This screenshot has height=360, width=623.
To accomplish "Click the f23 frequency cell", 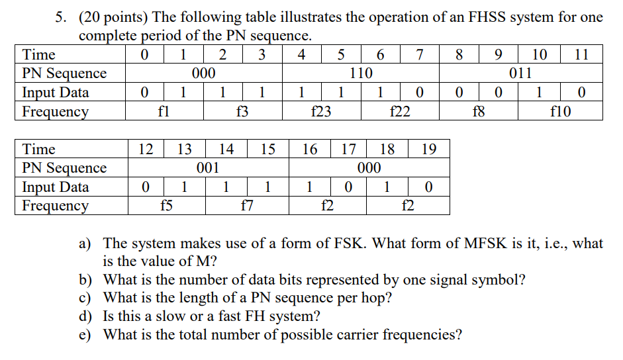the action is coord(321,112).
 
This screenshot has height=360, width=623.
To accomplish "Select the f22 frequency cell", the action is coord(399,112).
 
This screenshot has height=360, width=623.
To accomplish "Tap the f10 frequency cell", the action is coord(560,112).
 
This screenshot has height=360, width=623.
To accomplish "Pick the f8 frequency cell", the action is coord(478,112).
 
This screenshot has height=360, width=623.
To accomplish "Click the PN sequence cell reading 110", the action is coord(361,73).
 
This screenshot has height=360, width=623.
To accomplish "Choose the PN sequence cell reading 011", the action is coord(520,73).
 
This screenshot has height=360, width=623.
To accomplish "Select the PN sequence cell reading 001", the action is coord(208,168).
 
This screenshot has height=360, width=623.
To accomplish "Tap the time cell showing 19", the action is coord(428,150).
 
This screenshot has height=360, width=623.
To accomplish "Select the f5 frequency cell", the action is coord(166,206).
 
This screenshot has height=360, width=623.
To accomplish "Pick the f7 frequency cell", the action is coord(246,206).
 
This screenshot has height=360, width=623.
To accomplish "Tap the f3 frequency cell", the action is coord(242,112).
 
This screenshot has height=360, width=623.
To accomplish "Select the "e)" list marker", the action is coord(85,334).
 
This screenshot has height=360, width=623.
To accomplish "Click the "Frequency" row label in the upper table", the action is coord(56,112).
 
